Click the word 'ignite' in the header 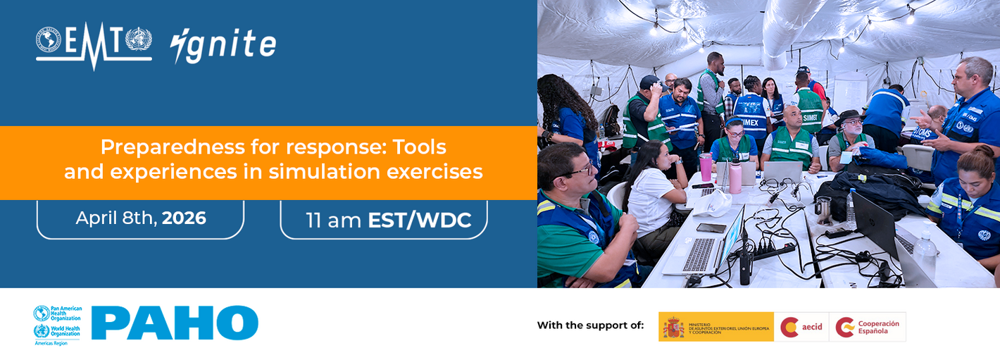(x=223, y=45)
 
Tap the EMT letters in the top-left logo (x=94, y=41)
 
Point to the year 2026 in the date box (x=184, y=218)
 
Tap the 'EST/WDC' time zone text (x=419, y=220)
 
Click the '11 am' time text (x=334, y=220)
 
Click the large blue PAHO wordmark (x=175, y=323)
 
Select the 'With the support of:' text (x=590, y=325)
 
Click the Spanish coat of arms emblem (x=673, y=327)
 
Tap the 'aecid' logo (x=801, y=327)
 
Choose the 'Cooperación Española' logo (x=868, y=327)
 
